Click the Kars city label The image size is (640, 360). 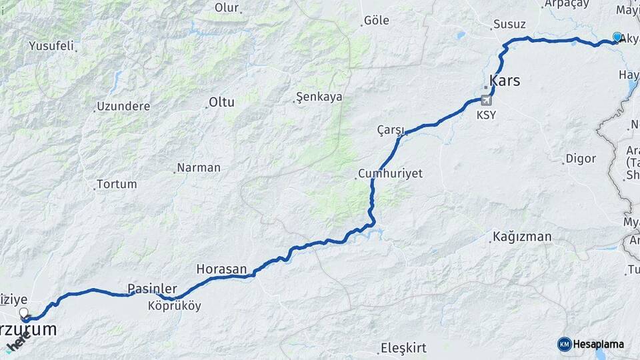tap(505, 81)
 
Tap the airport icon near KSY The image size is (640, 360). tap(486, 100)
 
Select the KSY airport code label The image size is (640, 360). tap(486, 115)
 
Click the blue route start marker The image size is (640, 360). tap(617, 37)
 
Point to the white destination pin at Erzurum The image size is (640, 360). tap(25, 313)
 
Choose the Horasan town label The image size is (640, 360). tap(221, 269)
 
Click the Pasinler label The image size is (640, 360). tap(152, 289)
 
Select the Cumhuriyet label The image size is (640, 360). tap(390, 173)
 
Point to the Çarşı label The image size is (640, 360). tap(391, 129)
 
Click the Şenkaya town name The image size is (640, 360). tap(320, 97)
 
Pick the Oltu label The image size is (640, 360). tap(221, 102)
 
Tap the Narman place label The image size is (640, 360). tap(198, 167)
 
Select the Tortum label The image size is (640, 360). tap(117, 184)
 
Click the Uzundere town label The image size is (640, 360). tap(123, 106)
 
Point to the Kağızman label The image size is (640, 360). tap(523, 236)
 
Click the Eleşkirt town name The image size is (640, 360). tap(403, 347)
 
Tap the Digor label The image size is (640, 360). tap(580, 159)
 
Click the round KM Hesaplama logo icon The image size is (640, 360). tap(565, 344)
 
